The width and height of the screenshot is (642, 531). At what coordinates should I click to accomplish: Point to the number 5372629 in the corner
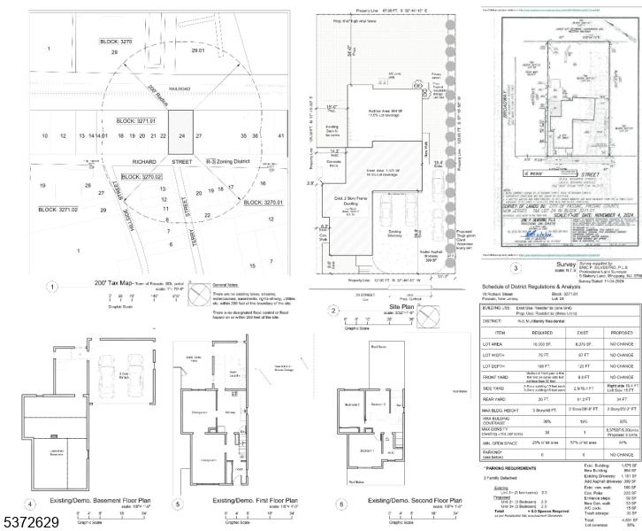(x=30, y=523)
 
